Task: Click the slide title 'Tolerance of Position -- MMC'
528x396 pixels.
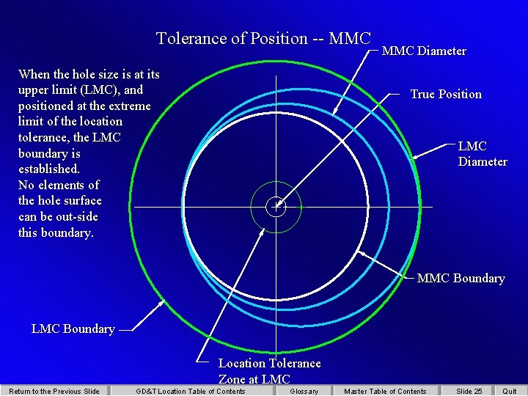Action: [263, 39]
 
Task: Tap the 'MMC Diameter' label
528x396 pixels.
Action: [424, 51]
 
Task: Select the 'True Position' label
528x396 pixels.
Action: [446, 95]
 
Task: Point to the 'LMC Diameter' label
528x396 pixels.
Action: [483, 154]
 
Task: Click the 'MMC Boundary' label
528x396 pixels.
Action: [461, 279]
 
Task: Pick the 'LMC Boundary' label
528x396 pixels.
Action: [73, 329]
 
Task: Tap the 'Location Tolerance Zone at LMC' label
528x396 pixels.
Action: [269, 371]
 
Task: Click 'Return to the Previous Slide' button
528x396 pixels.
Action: [54, 391]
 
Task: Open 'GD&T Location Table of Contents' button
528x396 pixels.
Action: [191, 391]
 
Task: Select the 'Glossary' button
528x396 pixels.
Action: [304, 391]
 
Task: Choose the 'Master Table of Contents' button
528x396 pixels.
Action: [385, 391]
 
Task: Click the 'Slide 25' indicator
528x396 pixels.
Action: [469, 391]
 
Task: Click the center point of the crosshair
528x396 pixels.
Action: [276, 207]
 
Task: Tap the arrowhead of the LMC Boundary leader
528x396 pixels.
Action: [161, 303]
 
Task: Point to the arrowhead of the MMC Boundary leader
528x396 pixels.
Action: [359, 252]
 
